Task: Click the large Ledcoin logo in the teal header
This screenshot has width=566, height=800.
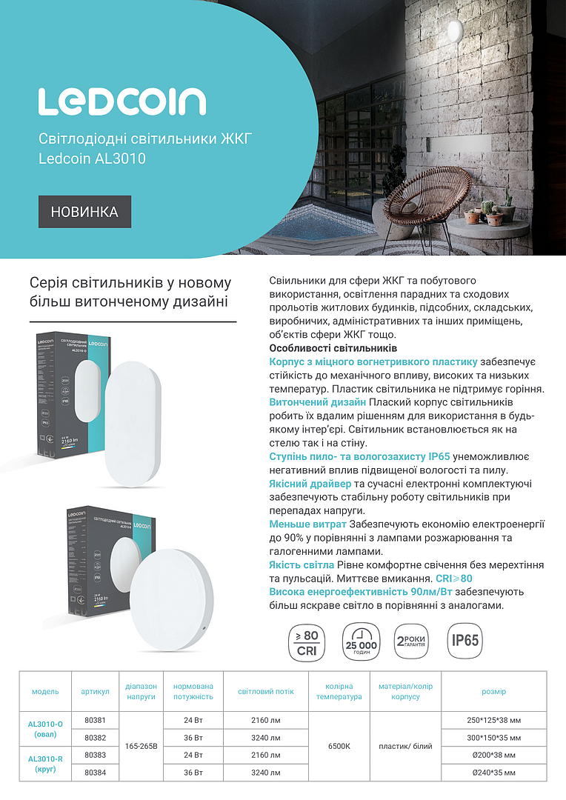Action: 122,101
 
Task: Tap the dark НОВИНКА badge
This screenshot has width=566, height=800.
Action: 84,212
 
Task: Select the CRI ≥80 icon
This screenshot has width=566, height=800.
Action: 307,641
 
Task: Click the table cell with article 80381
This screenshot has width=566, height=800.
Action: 95,720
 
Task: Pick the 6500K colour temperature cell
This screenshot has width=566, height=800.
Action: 339,746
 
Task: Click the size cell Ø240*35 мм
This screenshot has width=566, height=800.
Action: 494,773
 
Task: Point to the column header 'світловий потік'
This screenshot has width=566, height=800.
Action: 265,692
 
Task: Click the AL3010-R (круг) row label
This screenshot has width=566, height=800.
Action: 45,764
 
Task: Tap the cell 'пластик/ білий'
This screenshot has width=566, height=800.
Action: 405,746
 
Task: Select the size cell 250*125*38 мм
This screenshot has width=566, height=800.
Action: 494,720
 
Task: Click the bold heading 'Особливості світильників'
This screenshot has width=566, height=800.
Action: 333,348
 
